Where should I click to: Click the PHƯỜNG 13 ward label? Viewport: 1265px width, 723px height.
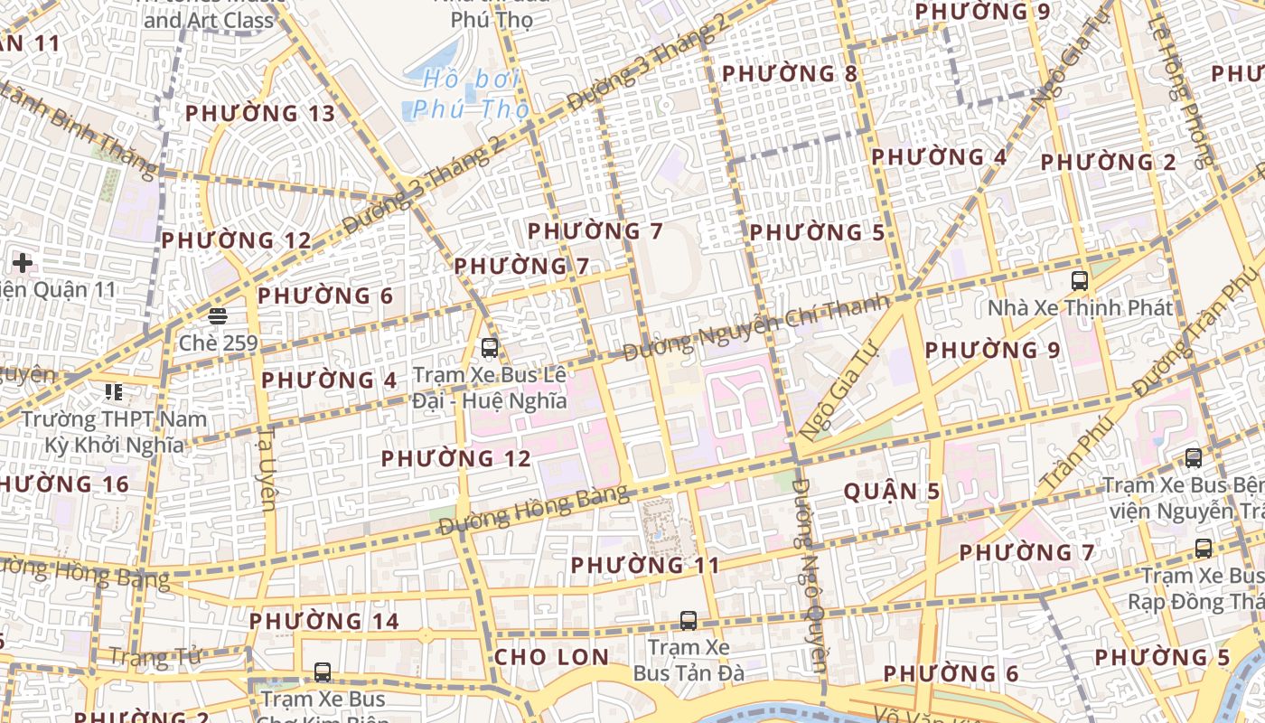260,113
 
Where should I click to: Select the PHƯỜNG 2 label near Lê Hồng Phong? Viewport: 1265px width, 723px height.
1109,163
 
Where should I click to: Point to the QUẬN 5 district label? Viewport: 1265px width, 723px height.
892,492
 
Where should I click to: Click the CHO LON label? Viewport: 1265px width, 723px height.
551,657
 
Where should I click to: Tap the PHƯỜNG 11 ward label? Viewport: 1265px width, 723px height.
646,566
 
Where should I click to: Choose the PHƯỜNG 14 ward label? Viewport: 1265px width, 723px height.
324,622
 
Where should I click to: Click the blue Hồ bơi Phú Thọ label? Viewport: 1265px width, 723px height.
471,94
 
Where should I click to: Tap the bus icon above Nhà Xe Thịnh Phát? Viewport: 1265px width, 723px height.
1079,280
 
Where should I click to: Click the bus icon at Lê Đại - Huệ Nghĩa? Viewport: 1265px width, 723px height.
490,347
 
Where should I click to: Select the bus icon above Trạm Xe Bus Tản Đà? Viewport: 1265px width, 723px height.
689,621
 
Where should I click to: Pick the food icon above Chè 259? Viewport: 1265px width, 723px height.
217,316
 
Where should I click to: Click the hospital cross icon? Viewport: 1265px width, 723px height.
23,263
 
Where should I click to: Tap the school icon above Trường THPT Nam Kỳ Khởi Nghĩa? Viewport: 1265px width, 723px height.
114,392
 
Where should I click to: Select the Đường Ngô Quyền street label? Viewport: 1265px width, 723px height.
810,587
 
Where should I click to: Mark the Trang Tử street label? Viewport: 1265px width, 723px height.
155,657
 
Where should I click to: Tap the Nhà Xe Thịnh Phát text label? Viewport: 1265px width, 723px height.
1080,307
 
